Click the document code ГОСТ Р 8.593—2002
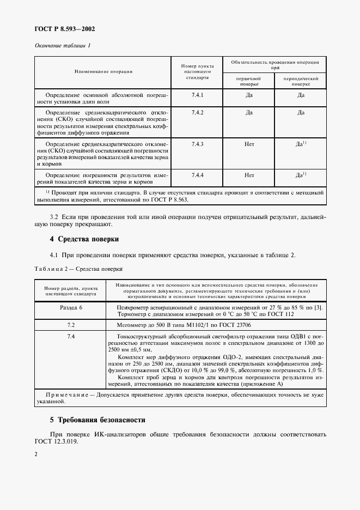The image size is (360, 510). pyautogui.click(x=60, y=29)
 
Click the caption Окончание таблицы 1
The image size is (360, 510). pyautogui.click(x=63, y=45)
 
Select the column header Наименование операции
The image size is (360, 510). pyautogui.click(x=103, y=71)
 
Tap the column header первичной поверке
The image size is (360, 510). pyautogui.click(x=248, y=82)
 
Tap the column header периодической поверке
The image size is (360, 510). pyautogui.click(x=300, y=82)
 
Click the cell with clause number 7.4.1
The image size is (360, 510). pyautogui.click(x=197, y=95)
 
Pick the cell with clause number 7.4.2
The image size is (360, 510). pyautogui.click(x=197, y=113)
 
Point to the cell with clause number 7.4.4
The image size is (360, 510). pyautogui.click(x=197, y=175)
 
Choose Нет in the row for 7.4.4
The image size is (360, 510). pyautogui.click(x=249, y=175)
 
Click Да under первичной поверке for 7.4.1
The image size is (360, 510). pyautogui.click(x=249, y=95)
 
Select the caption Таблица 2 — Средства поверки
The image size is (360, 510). pyautogui.click(x=79, y=269)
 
